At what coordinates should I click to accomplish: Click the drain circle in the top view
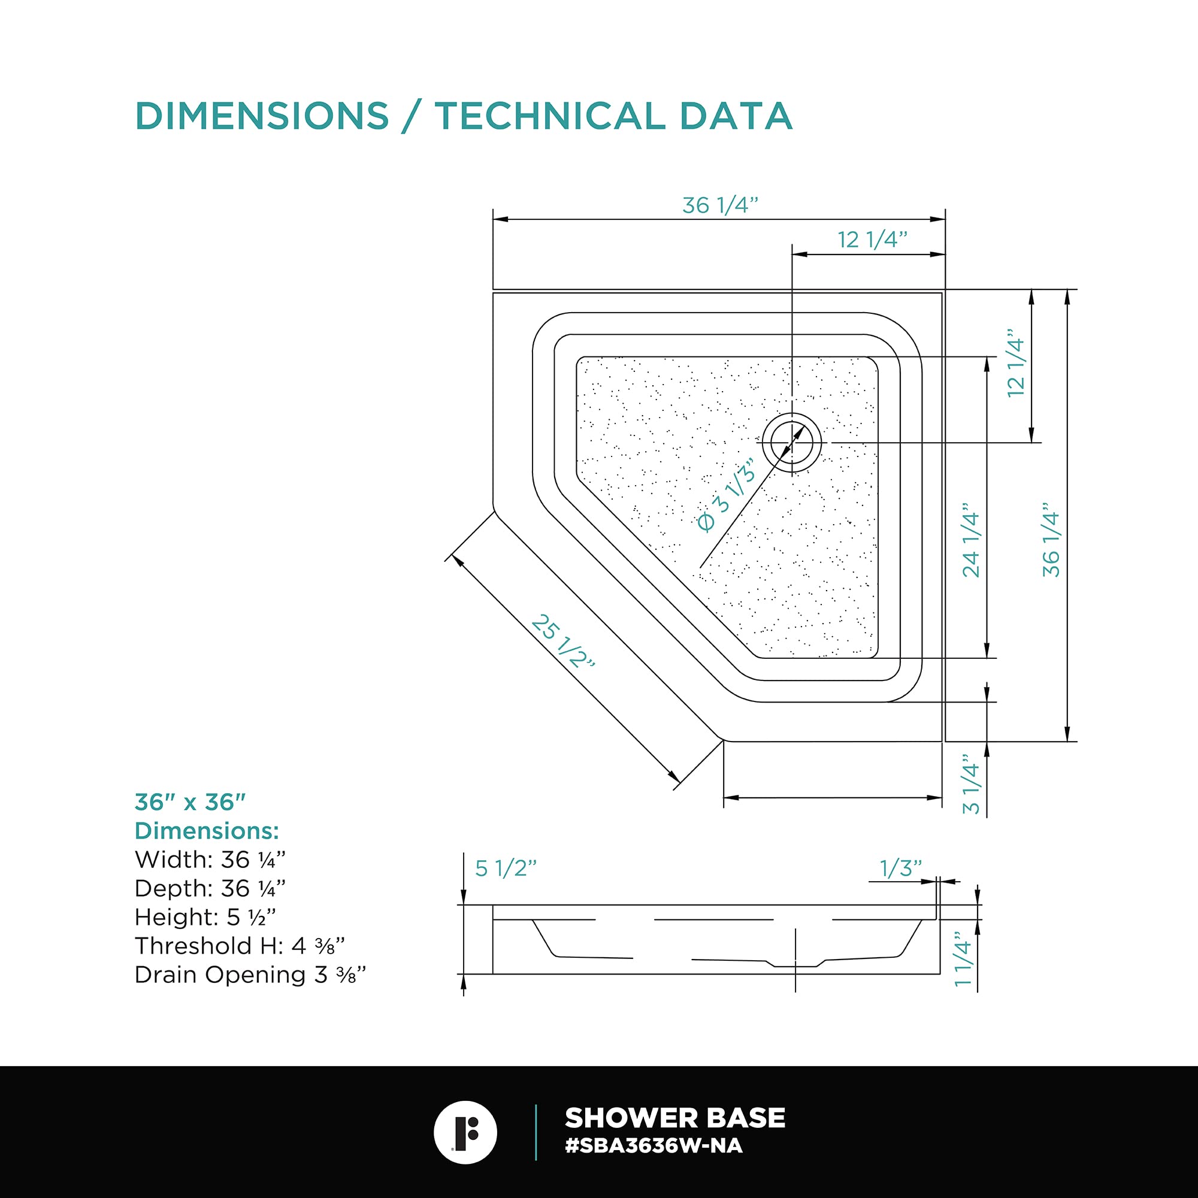coord(792,443)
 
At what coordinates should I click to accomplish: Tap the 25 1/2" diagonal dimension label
coord(562,642)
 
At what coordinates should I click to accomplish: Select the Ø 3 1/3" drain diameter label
coord(726,495)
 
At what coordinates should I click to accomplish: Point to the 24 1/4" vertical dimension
coord(971,544)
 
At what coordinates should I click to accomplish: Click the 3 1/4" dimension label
coord(971,785)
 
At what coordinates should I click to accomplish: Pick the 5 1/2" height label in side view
coord(506,868)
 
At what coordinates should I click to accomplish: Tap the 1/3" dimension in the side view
coord(900,868)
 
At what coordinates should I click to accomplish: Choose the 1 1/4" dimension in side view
coord(963,958)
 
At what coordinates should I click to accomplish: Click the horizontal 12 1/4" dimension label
coord(873,240)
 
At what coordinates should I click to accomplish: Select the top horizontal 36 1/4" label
coord(720,205)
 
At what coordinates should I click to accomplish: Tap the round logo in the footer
coord(465,1132)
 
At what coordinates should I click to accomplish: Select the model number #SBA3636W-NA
coord(654,1146)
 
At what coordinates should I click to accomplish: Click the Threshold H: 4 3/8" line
coord(240,946)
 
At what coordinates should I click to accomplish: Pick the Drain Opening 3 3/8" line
coord(250,975)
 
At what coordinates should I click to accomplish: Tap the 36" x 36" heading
coord(190,803)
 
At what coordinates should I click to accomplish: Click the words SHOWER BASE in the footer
coord(674,1118)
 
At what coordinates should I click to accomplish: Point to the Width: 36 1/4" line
coord(210,860)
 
